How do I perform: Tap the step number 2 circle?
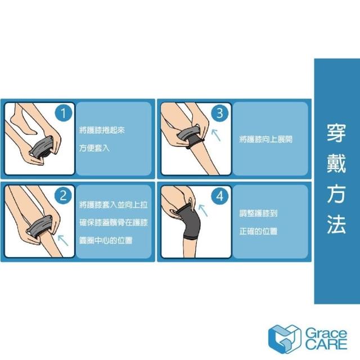click(x=63, y=196)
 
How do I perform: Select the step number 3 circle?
click(x=220, y=112)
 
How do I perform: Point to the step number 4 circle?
click(x=220, y=196)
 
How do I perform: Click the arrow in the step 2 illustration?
click(x=63, y=240)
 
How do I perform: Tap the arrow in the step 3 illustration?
click(x=216, y=135)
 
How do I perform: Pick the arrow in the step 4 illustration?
click(x=203, y=210)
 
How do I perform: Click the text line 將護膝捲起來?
click(x=102, y=130)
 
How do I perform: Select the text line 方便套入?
click(x=94, y=148)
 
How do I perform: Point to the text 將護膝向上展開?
click(x=265, y=139)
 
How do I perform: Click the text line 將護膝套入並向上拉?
click(x=114, y=205)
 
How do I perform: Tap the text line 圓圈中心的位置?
click(x=106, y=240)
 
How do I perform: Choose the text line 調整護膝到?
click(x=258, y=213)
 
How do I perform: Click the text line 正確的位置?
click(x=258, y=231)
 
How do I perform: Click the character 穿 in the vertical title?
click(x=336, y=133)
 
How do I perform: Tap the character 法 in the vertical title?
click(x=336, y=224)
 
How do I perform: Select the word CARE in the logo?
click(x=326, y=344)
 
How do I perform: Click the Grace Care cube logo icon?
click(x=285, y=339)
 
